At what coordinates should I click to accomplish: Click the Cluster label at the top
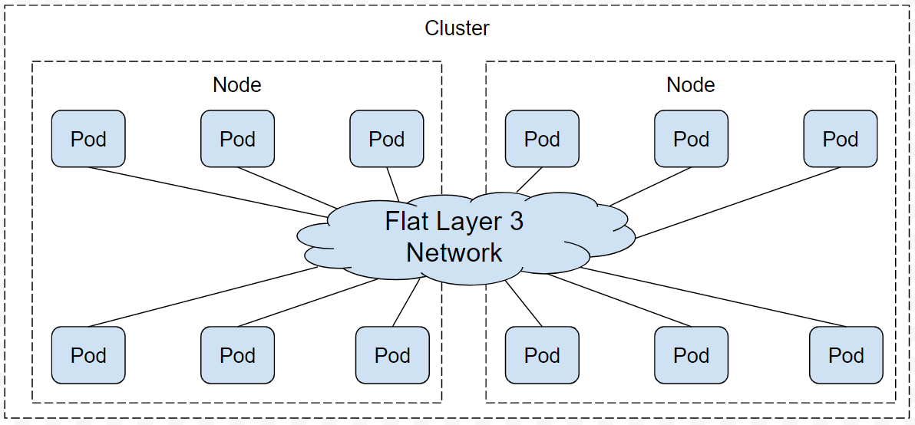[x=457, y=29]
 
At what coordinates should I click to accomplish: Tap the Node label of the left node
[x=237, y=85]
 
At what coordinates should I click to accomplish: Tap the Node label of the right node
[x=691, y=85]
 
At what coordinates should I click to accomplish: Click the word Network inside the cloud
[x=454, y=252]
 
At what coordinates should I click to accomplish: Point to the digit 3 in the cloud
[x=516, y=222]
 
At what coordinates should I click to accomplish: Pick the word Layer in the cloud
[x=467, y=222]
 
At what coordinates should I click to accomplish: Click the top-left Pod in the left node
[x=88, y=139]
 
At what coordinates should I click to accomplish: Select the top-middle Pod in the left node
[x=237, y=139]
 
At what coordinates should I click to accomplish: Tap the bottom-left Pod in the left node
[x=88, y=355]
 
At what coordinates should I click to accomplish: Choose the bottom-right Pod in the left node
[x=392, y=355]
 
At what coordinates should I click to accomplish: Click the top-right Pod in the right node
[x=840, y=139]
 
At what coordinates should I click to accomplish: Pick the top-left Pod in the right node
[x=542, y=139]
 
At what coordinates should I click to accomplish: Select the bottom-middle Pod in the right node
[x=691, y=355]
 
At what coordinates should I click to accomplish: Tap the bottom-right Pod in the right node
[x=846, y=355]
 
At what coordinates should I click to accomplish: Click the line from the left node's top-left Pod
[x=207, y=192]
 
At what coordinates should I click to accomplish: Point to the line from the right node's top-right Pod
[x=737, y=203]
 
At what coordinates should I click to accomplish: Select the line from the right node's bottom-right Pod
[x=714, y=297]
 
